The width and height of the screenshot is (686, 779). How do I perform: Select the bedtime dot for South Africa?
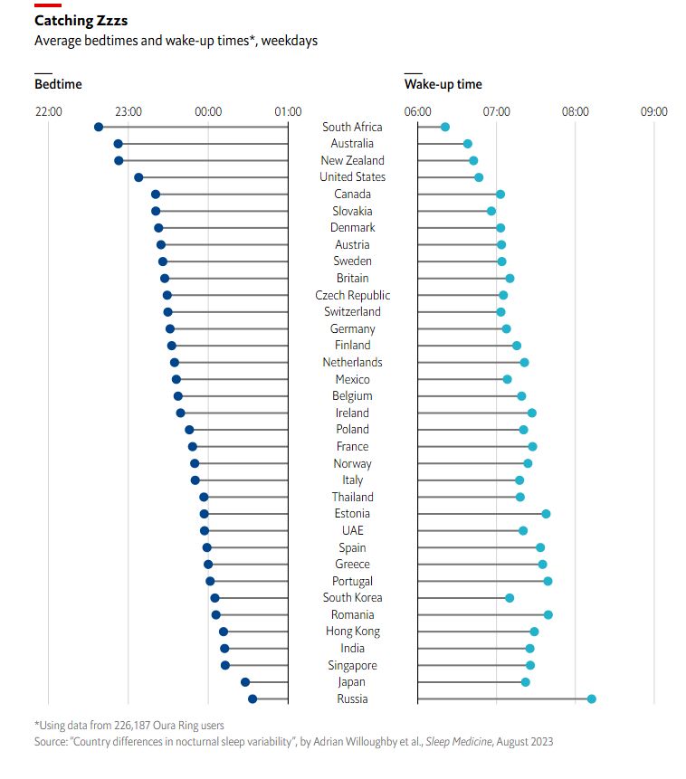coord(99,127)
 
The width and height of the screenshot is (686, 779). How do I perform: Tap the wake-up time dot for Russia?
coord(592,698)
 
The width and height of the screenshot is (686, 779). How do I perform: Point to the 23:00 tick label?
coord(129,111)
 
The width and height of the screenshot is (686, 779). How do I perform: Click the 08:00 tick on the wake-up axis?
coord(576,111)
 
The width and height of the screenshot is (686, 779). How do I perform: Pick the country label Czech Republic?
coord(353,295)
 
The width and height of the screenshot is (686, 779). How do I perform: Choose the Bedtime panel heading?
coord(58,84)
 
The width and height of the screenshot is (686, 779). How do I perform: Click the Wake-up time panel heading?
coord(443,84)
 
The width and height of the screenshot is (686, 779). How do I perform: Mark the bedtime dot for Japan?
coord(245,682)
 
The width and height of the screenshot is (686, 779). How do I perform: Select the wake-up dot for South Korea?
coord(510,598)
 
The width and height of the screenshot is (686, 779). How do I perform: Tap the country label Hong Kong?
coord(353,632)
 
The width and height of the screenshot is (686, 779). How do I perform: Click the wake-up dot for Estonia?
coord(546,514)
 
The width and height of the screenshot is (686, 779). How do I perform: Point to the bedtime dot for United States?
coord(138,177)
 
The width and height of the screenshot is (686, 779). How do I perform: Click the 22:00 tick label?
coord(49,111)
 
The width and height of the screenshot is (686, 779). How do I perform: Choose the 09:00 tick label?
coord(654,111)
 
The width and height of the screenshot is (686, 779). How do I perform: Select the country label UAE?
coord(353,530)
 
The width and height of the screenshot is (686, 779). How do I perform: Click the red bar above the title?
coord(48,5)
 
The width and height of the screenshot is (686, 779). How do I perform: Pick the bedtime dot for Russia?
coord(252,698)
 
